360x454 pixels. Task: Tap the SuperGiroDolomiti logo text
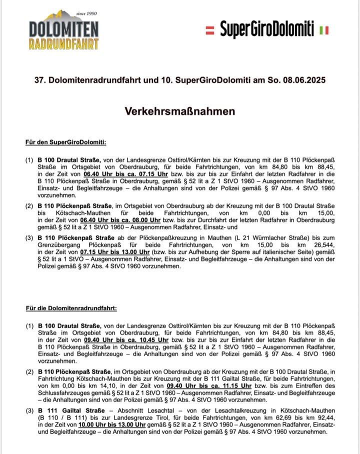[x=267, y=29]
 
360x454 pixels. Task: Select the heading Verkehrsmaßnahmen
[x=180, y=110]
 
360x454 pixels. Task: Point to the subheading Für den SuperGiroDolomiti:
[x=65, y=142]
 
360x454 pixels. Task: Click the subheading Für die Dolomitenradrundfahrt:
[x=71, y=308]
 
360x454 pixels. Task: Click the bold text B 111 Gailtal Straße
[x=71, y=410]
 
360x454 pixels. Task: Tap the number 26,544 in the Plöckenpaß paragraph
[x=322, y=246]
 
